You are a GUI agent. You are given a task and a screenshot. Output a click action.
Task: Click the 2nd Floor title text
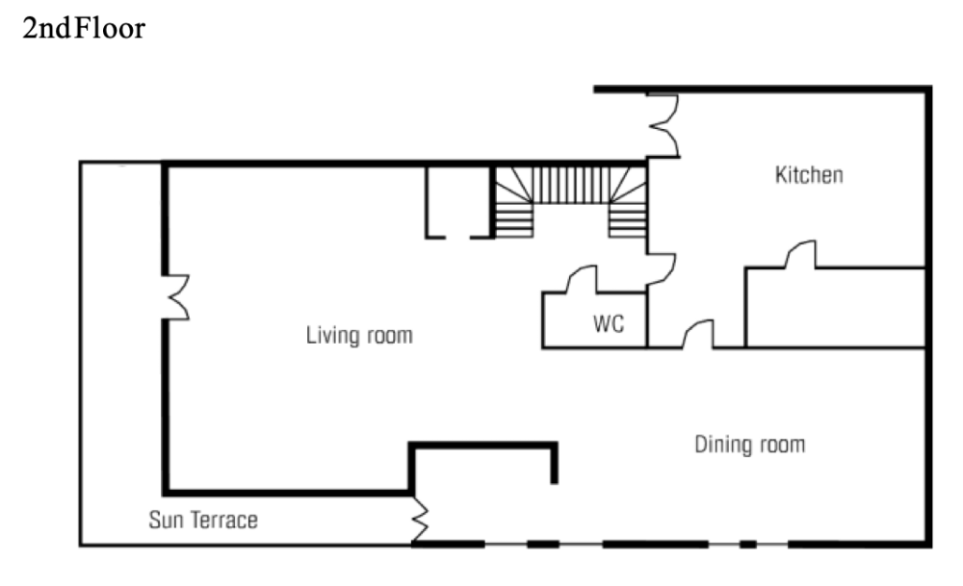(84, 28)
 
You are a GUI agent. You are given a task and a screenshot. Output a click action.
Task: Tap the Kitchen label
(809, 175)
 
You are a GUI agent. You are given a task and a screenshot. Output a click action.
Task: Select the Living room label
(359, 335)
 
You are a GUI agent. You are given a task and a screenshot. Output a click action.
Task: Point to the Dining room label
(749, 445)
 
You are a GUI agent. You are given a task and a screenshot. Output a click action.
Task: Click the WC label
(609, 323)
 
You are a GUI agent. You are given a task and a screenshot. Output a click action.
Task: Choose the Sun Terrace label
(203, 521)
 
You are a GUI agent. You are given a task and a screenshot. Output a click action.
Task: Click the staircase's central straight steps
(571, 185)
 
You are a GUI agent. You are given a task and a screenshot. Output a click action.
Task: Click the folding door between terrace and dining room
(420, 520)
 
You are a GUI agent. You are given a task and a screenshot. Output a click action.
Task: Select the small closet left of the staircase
(458, 202)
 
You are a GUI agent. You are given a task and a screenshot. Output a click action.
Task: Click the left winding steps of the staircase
(513, 202)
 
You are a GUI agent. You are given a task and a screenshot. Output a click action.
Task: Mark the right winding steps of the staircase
(628, 202)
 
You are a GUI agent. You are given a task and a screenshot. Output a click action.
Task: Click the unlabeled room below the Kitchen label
(835, 307)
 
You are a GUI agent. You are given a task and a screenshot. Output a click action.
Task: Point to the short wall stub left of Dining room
(554, 463)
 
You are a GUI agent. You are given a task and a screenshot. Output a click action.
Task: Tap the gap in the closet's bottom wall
(458, 237)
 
